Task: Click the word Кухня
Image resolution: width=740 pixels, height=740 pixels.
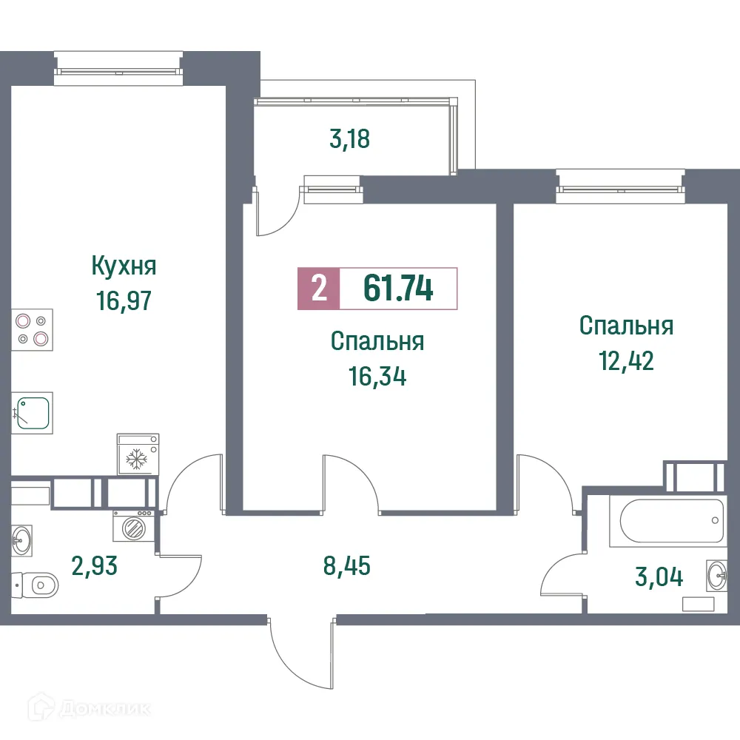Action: (124, 264)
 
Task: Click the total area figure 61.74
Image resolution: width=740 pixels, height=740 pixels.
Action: (398, 289)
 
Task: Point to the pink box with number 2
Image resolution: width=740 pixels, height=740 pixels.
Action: (319, 289)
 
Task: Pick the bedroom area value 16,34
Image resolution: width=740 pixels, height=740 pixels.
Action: (377, 378)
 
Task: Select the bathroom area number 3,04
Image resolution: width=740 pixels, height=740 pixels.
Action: (659, 576)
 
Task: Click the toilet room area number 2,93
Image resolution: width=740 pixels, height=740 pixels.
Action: (94, 568)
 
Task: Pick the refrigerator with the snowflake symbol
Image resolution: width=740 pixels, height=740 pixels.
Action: (138, 454)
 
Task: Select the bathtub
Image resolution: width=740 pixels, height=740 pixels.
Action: (665, 521)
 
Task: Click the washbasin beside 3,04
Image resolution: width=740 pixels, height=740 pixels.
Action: (716, 575)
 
